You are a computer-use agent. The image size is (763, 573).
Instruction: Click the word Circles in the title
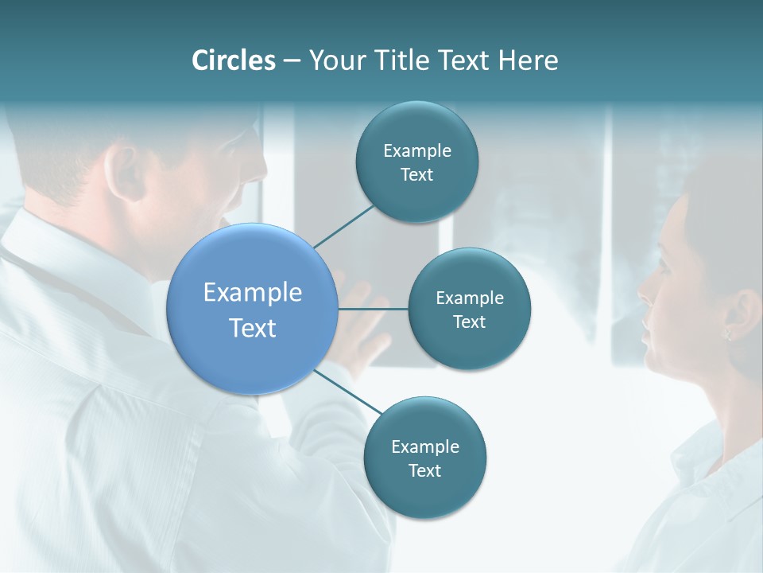233,60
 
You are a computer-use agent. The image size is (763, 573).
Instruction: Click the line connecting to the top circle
344,226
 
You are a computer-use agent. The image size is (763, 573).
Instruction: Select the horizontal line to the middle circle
374,309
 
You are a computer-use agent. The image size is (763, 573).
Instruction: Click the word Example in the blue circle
253,293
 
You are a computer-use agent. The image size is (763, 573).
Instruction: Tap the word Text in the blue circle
253,328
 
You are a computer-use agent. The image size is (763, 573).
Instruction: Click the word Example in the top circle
416,151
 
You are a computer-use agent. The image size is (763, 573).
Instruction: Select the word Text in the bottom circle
424,470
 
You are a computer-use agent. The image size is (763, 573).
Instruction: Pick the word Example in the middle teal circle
469,298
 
